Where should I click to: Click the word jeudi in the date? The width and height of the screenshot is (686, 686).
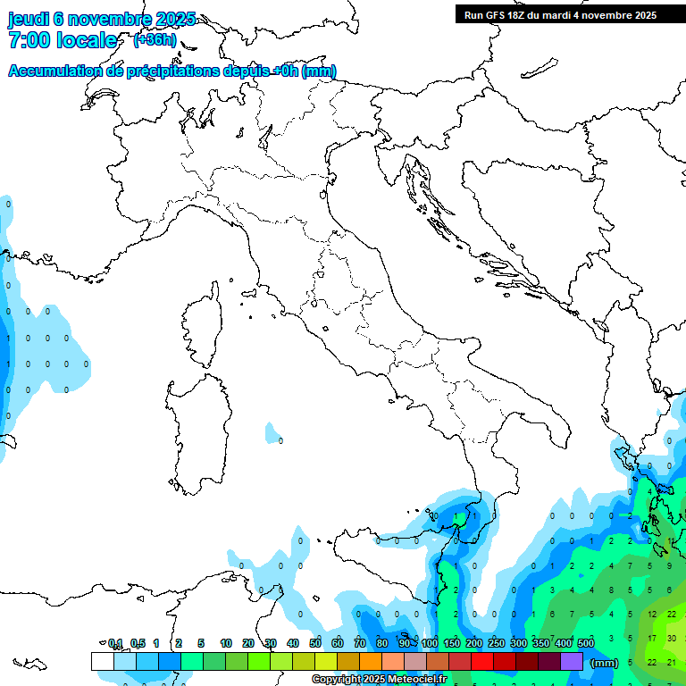pos(28,20)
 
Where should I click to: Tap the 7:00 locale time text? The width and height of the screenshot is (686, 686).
pos(63,40)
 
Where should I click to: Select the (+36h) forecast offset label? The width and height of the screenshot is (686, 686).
pos(154,40)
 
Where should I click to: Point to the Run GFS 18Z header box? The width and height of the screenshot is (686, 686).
pos(558,14)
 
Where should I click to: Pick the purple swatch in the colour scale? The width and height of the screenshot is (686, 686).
pos(572,661)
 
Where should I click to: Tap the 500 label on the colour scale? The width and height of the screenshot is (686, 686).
pos(586,643)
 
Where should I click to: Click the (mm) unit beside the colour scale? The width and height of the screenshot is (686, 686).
pos(604,663)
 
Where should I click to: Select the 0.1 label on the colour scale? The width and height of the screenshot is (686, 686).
pos(115,643)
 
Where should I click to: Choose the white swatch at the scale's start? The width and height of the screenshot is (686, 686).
pos(102,661)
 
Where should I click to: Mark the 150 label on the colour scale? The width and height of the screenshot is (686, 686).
pos(452,643)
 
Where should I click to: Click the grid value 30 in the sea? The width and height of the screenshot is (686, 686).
pos(671,638)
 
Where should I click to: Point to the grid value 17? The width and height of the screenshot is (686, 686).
pos(652,638)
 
